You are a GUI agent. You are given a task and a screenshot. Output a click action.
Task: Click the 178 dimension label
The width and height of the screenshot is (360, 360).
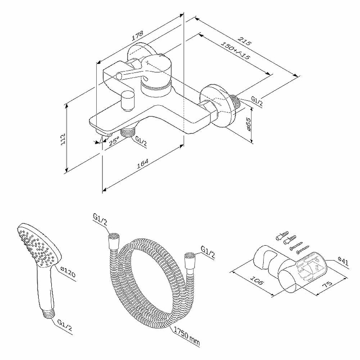[137, 36]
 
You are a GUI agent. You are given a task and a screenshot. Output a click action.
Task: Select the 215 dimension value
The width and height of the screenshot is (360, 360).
[245, 41]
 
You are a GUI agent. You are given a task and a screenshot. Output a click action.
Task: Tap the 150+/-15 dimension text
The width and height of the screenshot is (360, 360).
[235, 50]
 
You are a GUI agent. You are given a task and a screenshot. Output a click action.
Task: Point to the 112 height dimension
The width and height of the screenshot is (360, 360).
[63, 139]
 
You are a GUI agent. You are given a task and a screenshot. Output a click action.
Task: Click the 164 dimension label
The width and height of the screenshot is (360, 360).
[143, 163]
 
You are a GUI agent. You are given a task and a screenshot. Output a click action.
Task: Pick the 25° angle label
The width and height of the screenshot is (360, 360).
[114, 141]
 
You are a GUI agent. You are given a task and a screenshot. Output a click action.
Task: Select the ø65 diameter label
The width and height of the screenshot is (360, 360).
[248, 124]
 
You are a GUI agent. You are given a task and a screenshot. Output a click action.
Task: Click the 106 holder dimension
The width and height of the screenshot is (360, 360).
[256, 280]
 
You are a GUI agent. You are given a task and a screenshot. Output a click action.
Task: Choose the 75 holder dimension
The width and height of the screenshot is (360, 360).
[327, 284]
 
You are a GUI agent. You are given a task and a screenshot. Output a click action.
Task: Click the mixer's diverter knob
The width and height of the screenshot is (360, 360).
[128, 100]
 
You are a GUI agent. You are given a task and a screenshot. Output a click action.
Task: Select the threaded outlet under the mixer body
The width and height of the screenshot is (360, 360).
[127, 132]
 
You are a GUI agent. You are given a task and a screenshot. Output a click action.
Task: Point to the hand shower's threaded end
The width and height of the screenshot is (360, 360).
[49, 313]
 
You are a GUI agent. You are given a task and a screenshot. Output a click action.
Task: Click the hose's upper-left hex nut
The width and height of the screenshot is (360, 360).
[114, 241]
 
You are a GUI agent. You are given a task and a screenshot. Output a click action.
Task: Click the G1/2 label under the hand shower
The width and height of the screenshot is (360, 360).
[64, 325]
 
